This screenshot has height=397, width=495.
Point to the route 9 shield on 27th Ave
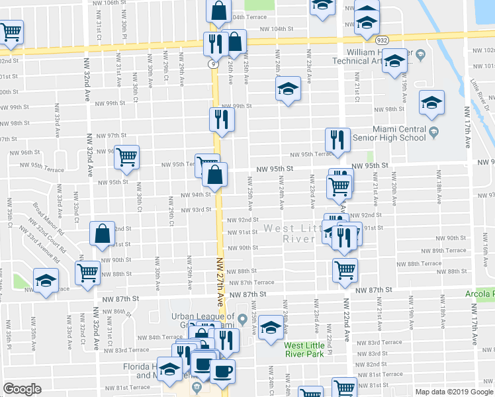[212, 64]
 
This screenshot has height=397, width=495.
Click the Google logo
[22, 389]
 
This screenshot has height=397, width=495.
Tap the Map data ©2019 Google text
[453, 391]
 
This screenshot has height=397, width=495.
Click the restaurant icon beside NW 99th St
[221, 120]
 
